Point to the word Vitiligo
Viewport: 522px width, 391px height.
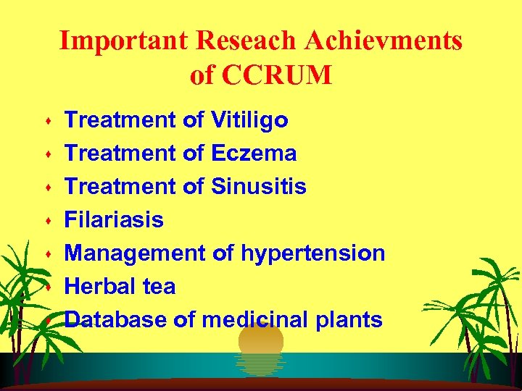click(x=249, y=120)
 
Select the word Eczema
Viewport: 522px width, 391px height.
click(x=254, y=154)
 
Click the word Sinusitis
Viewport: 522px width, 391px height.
click(x=259, y=187)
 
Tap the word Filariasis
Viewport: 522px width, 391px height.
click(x=114, y=220)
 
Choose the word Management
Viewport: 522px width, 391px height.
click(x=136, y=253)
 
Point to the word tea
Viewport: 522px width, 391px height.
click(x=159, y=287)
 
